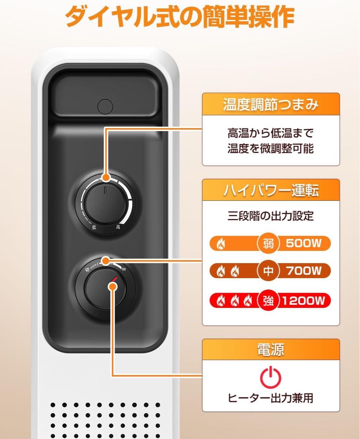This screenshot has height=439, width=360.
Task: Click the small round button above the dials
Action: click(105, 106)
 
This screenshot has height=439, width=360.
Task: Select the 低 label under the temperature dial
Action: click(94, 227)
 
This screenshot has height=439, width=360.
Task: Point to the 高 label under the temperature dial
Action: click(118, 227)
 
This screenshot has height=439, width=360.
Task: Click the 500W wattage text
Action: click(303, 243)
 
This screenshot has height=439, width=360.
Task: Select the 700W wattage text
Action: click(303, 271)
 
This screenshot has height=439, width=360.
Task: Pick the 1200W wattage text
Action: click(303, 301)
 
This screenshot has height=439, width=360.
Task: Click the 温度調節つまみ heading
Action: click(271, 105)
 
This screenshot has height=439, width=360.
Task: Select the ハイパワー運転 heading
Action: click(271, 191)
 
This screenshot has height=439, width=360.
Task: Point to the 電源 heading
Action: click(271, 350)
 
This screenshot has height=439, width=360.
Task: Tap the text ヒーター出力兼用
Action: click(271, 398)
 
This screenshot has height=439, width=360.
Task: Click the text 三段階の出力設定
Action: click(271, 216)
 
